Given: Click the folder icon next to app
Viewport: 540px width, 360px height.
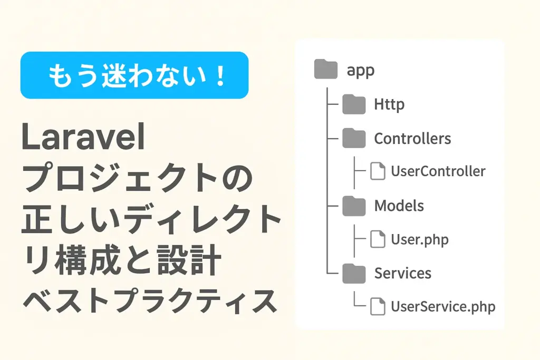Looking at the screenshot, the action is click(326, 69).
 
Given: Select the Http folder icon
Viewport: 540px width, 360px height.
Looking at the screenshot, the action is click(354, 104).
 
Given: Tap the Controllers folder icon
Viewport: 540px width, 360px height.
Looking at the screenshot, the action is click(354, 138).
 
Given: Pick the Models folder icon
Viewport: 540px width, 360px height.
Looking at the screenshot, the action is click(354, 206).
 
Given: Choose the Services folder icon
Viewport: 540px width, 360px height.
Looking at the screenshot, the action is click(354, 273).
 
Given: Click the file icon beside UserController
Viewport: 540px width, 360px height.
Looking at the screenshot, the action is click(378, 171).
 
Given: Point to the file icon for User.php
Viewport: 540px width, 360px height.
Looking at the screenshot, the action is click(378, 239).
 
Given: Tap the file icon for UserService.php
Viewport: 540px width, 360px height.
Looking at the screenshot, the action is click(378, 306).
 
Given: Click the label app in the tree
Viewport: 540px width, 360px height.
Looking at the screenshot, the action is click(361, 71).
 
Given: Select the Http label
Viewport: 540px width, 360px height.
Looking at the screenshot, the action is click(389, 104).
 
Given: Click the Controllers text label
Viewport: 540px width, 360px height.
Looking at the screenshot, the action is click(412, 139).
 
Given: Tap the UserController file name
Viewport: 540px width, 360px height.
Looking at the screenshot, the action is click(438, 171).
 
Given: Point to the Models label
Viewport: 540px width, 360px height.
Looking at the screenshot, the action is click(399, 206).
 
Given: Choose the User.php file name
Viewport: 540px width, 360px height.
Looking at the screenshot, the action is click(420, 240).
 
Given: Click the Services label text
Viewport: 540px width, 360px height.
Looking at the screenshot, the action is click(403, 273).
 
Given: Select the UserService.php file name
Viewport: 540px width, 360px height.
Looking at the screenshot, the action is click(443, 307).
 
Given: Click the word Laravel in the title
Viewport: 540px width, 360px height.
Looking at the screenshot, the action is click(83, 137).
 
